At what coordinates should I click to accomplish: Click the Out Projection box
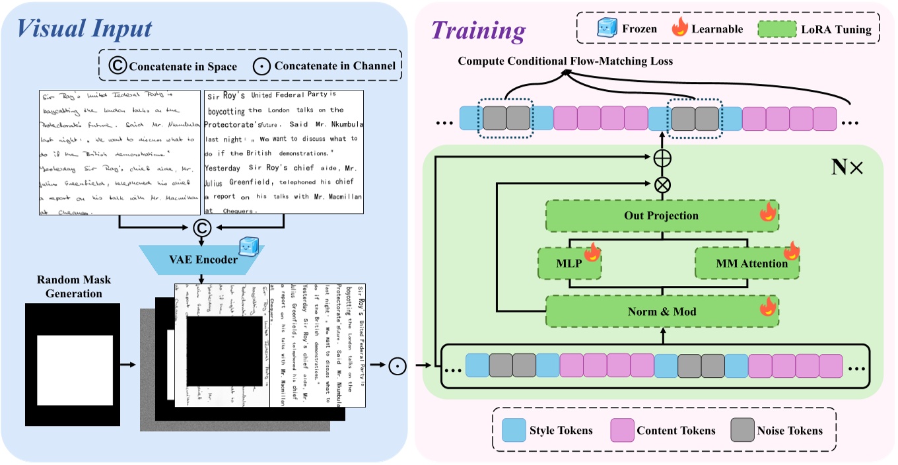661,216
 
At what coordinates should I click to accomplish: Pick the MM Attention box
746,263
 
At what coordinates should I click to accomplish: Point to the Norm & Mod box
661,310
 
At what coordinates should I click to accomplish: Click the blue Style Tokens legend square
512,430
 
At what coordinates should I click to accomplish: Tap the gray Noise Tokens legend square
742,430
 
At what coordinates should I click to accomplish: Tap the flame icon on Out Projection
768,212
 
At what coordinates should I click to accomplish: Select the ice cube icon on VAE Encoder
248,244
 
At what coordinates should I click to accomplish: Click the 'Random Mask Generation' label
71,287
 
